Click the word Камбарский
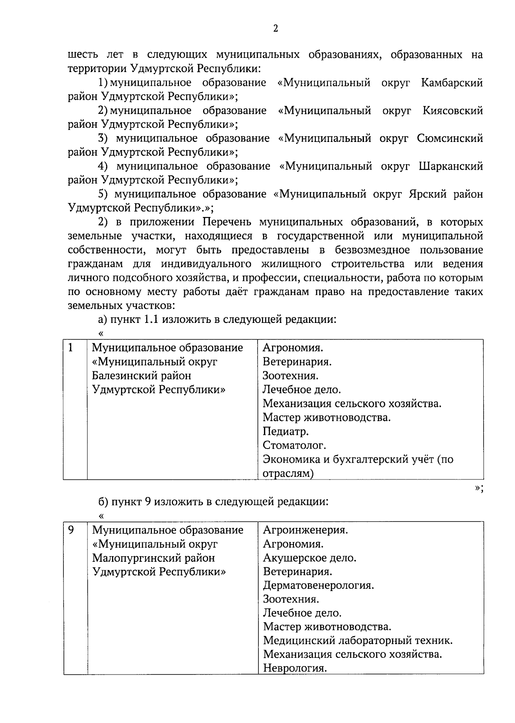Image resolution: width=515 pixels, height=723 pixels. tap(451, 83)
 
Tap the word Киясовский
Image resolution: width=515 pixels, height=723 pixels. tap(452, 111)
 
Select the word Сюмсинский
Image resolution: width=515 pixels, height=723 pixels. tap(449, 139)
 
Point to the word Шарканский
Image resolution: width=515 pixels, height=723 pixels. tap(450, 166)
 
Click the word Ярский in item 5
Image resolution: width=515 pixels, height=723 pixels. tap(427, 194)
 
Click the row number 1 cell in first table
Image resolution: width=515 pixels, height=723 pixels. tap(71, 348)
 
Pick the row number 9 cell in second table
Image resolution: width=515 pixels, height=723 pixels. tap(71, 530)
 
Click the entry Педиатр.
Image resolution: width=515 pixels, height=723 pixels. tap(285, 431)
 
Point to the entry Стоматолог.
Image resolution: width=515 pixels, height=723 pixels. tap(294, 446)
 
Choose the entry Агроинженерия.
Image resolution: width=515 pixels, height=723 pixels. tap(305, 530)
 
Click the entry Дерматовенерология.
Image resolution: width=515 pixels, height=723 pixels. tap(318, 585)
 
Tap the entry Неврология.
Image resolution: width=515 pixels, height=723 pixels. tap(295, 668)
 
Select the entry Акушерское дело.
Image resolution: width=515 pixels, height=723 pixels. tap(309, 558)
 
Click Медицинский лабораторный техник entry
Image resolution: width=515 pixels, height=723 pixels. tap(357, 641)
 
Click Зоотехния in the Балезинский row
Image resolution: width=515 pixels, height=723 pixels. tap(290, 376)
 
